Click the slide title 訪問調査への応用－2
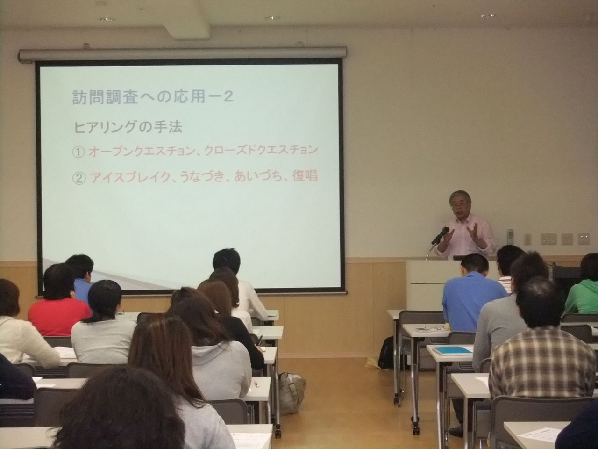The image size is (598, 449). point(153,97)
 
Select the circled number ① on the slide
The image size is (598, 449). point(78,152)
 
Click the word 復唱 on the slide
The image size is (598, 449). point(305,176)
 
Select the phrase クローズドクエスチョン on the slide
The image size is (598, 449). point(261,150)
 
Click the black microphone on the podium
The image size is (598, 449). point(440,236)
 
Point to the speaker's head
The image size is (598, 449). point(461,203)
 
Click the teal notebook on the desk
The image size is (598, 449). point(452,350)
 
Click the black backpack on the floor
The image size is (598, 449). point(386,353)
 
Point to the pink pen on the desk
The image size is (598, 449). point(256,384)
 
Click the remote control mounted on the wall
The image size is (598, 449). point(510,236)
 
